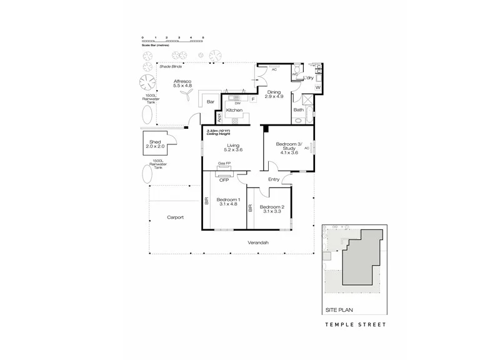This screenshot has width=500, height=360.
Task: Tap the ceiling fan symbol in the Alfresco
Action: click(x=186, y=93)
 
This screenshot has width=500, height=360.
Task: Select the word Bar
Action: click(x=211, y=101)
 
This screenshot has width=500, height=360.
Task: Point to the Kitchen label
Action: click(x=234, y=111)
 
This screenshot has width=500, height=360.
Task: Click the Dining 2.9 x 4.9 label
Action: click(x=274, y=94)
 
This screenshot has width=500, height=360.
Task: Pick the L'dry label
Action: click(x=307, y=78)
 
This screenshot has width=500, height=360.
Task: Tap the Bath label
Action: click(x=299, y=110)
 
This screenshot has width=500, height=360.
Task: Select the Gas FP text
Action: click(x=223, y=164)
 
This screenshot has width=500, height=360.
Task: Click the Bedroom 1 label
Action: click(x=227, y=202)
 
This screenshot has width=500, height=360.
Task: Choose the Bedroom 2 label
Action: click(x=272, y=209)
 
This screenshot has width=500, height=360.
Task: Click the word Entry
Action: click(x=274, y=180)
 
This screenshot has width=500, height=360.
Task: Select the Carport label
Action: click(x=175, y=217)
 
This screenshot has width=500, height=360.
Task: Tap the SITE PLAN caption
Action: click(x=338, y=310)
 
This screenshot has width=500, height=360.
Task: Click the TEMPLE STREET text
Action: click(x=356, y=325)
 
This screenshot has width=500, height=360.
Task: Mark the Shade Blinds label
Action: click(x=170, y=66)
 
